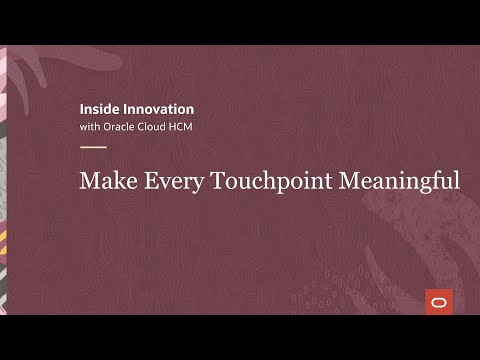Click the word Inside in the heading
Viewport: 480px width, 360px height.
[98, 107]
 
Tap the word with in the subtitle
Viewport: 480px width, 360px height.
[89, 127]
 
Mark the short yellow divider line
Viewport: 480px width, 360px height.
[92, 147]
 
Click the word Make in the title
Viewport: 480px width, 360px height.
[104, 182]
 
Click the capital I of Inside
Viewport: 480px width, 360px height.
[81, 107]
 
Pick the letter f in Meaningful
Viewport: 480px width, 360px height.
[433, 181]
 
